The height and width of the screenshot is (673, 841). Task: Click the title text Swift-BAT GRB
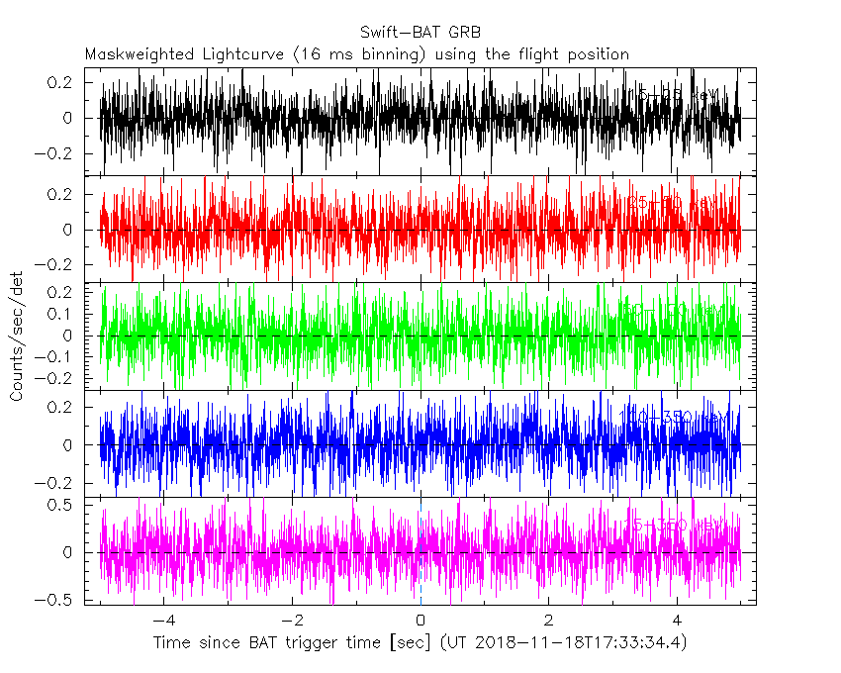420,32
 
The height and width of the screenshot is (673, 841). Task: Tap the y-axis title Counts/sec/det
17,337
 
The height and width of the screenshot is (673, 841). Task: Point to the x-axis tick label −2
292,620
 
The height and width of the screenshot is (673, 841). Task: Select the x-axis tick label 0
420,620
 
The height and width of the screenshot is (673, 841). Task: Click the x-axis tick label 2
548,620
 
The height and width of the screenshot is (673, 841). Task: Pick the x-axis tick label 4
677,620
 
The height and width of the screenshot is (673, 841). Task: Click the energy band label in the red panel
678,203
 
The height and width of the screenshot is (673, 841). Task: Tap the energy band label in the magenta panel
678,524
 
